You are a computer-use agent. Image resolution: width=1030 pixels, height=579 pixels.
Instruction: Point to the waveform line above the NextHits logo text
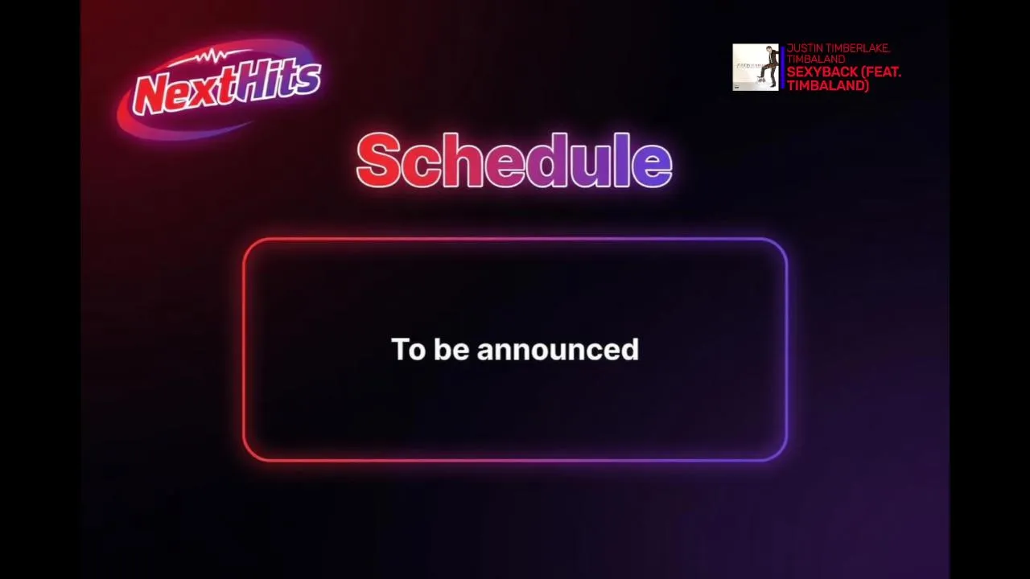[x=212, y=57]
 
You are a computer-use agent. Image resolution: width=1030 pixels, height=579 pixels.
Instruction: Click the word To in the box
[x=408, y=349]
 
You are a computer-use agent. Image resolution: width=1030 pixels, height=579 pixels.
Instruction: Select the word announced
[x=558, y=349]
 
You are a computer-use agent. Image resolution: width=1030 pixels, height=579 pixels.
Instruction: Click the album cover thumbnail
[x=756, y=67]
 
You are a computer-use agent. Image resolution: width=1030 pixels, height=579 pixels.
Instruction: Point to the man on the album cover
[x=765, y=69]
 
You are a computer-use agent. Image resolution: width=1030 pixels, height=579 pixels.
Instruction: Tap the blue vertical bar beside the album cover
[x=783, y=67]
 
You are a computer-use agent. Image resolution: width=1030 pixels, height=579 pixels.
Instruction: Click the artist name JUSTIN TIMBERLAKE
[x=838, y=48]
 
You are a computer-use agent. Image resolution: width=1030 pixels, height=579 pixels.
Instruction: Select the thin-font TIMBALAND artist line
[x=816, y=59]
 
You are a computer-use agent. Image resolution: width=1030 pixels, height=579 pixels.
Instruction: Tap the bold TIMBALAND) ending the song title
[x=828, y=86]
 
